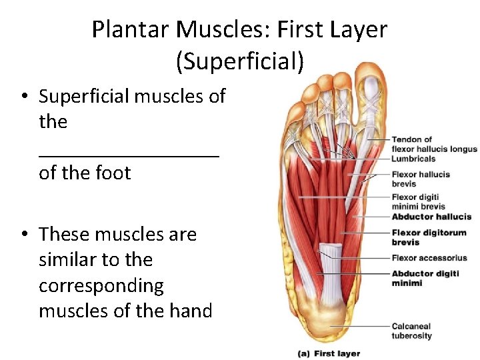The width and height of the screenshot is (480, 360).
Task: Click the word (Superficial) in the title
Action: [x=240, y=61]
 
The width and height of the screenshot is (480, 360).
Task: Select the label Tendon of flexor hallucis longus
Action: [x=434, y=145]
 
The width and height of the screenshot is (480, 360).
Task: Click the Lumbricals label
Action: [x=413, y=159]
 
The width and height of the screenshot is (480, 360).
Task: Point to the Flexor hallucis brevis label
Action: [x=421, y=179]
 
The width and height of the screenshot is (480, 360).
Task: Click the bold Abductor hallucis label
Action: [x=431, y=217]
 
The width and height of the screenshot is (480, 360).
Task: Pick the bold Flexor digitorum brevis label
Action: [x=429, y=238]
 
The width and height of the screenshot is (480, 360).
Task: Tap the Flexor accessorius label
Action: [x=429, y=258]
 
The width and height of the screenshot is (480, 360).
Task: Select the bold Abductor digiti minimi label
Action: [x=424, y=278]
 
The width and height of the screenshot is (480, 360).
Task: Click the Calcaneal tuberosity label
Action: [x=411, y=331]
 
